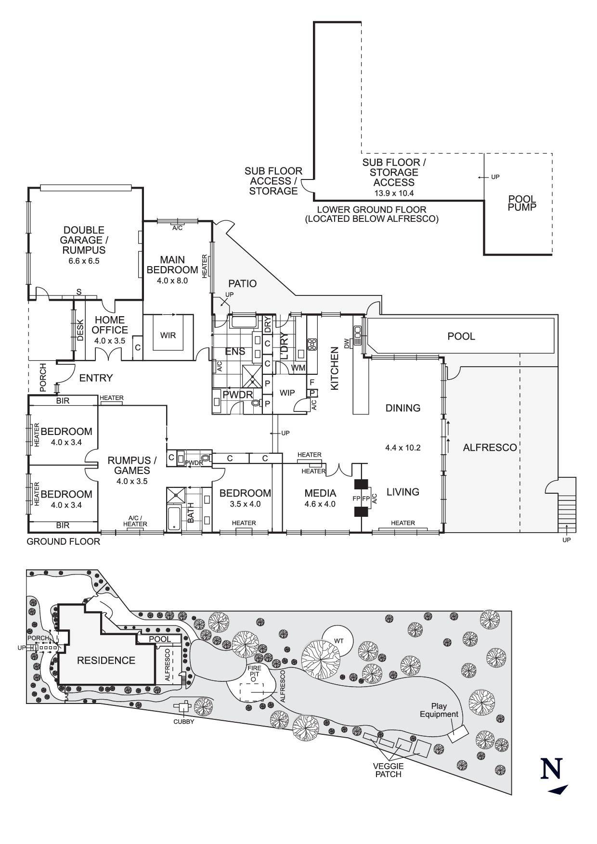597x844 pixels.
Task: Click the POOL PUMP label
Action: pyautogui.click(x=522, y=203)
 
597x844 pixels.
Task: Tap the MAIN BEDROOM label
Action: pyautogui.click(x=172, y=265)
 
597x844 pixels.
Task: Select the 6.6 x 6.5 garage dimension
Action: pyautogui.click(x=84, y=261)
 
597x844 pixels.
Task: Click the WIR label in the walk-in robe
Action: pyautogui.click(x=168, y=335)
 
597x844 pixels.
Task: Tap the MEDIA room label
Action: pyautogui.click(x=320, y=493)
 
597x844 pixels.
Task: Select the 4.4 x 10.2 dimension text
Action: pyautogui.click(x=403, y=448)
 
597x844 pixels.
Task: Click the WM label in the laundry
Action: pyautogui.click(x=298, y=368)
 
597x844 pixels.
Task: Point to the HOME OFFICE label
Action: pyautogui.click(x=110, y=325)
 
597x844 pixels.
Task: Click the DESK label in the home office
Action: pyautogui.click(x=80, y=330)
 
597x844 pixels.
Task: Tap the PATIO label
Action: pyautogui.click(x=242, y=284)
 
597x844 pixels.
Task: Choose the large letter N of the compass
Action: pyautogui.click(x=552, y=769)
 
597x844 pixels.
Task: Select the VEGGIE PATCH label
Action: pyautogui.click(x=388, y=770)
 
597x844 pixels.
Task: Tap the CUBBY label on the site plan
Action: pyautogui.click(x=184, y=722)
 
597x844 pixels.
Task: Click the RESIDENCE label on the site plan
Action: pyautogui.click(x=106, y=661)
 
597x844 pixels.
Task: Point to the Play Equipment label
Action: pyautogui.click(x=439, y=710)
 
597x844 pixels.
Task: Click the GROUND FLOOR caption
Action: pyautogui.click(x=63, y=542)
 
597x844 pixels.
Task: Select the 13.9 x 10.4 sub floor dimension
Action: pyautogui.click(x=394, y=193)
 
